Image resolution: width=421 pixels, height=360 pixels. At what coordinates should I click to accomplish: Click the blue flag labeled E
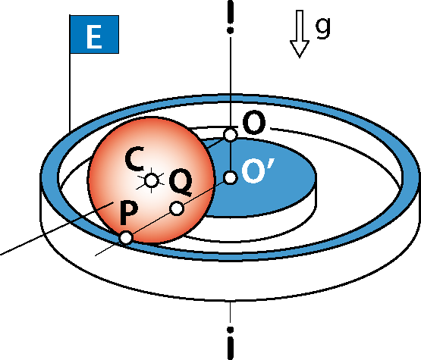point(94,34)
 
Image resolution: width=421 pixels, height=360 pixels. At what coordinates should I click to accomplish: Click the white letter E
point(94,36)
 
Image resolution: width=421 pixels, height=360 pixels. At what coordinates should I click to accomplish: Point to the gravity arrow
point(300,34)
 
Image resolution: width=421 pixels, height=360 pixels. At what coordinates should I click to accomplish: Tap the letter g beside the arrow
point(322,27)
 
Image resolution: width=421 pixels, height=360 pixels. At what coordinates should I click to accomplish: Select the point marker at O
point(231,135)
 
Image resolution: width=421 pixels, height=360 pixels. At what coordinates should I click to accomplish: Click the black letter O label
point(254,123)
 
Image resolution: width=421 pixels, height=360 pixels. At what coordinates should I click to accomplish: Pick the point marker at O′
point(231,177)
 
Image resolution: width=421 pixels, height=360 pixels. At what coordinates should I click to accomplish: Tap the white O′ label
point(257,170)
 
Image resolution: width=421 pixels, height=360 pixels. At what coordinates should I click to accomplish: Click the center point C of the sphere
point(151,180)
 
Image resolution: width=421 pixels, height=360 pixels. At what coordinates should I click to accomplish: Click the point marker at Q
point(177,208)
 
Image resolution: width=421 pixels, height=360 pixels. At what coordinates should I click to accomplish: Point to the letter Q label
point(181,182)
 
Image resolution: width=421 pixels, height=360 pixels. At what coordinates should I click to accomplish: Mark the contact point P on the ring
point(126,238)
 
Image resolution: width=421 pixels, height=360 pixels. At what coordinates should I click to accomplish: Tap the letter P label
point(129,213)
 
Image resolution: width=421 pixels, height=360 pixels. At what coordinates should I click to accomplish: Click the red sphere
point(151,180)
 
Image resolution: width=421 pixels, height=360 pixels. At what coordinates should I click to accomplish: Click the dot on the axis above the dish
point(230,30)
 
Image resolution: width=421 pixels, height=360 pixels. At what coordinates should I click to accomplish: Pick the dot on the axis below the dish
point(230,330)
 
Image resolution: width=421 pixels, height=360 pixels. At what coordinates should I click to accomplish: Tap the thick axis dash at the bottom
point(231,349)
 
